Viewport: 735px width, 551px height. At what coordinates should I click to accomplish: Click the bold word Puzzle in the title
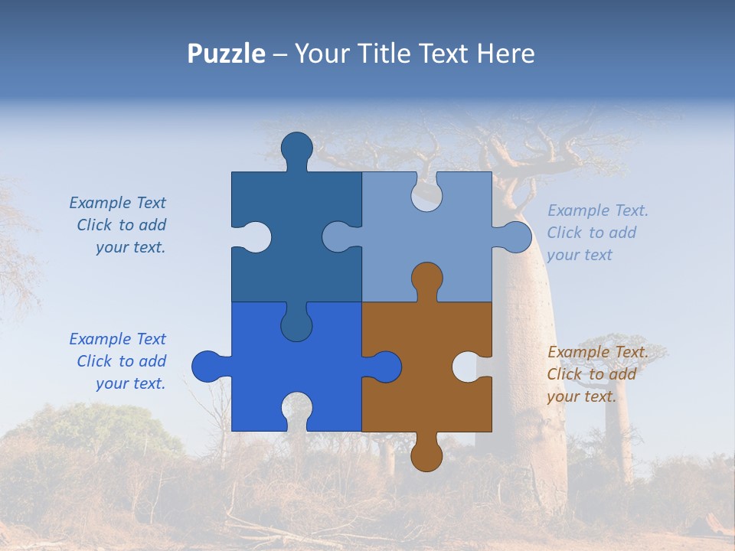pos(226,54)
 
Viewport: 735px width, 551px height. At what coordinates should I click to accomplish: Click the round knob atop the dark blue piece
pos(296,148)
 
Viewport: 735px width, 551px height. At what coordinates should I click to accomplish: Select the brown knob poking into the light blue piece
pos(426,279)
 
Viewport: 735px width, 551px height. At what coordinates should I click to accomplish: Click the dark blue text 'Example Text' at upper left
pos(117,203)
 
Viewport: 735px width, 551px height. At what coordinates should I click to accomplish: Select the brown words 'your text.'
pos(581,396)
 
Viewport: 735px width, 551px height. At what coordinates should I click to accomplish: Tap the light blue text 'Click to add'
pos(591,233)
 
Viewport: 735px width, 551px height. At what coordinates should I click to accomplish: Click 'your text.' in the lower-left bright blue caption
pos(130,383)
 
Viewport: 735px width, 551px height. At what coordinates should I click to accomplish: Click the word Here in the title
pos(505,54)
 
